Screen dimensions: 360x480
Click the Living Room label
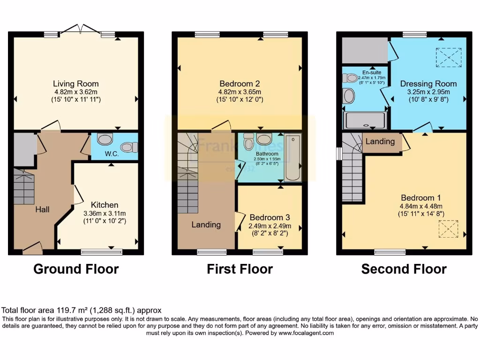tap(75, 84)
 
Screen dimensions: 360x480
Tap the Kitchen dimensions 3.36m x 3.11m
tap(104, 213)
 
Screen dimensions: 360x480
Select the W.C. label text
tap(111, 153)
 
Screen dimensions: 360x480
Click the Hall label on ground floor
tap(42, 210)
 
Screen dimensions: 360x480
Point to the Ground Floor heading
tap(76, 269)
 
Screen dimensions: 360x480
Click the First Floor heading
tap(240, 269)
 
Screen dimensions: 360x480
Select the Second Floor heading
tap(404, 269)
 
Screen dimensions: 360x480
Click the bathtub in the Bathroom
tap(293, 158)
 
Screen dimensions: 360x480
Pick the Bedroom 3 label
tap(270, 217)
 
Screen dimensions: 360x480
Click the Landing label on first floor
tap(206, 225)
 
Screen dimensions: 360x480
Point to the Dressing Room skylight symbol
tap(449, 57)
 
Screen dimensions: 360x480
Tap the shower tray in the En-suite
tap(366, 120)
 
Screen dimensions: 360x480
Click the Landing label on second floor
tap(380, 141)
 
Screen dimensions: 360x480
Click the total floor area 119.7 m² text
tap(82, 310)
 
